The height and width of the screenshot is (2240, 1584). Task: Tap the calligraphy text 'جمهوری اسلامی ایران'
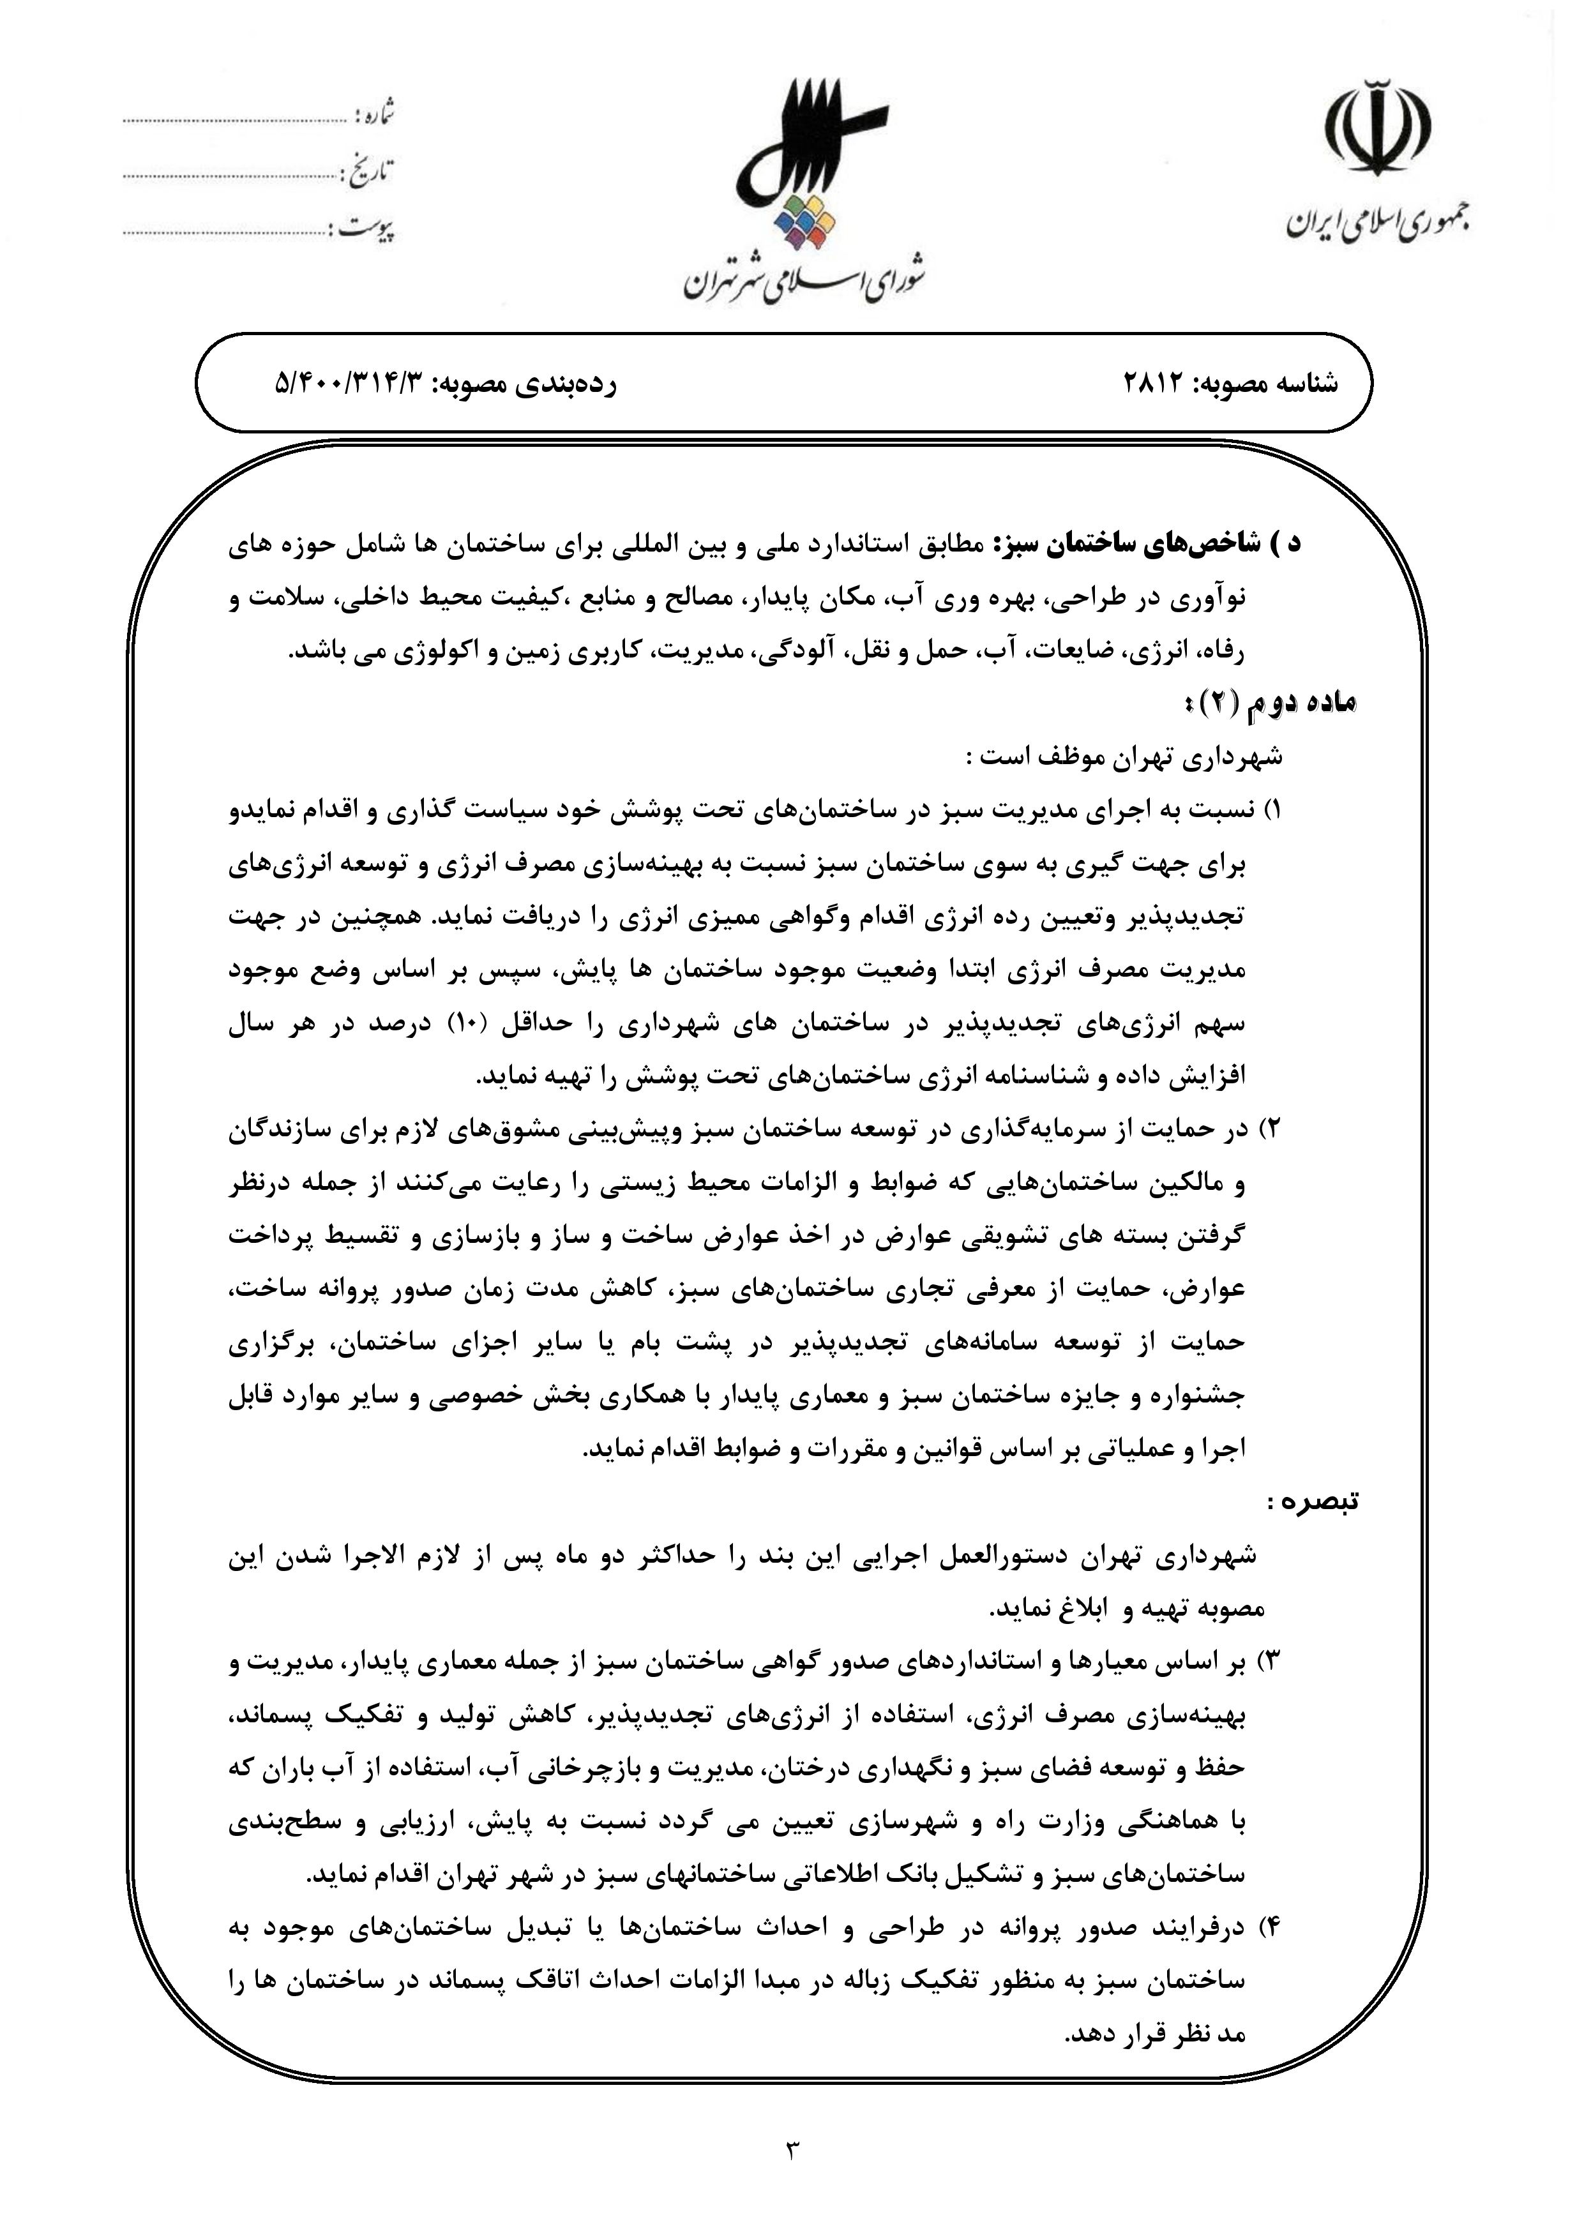[1377, 223]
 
